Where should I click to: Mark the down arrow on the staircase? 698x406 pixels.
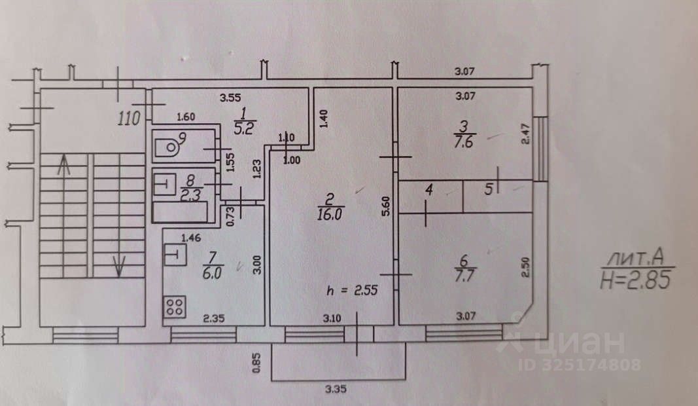(x=118, y=265)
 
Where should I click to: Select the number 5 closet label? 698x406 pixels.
(x=487, y=191)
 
